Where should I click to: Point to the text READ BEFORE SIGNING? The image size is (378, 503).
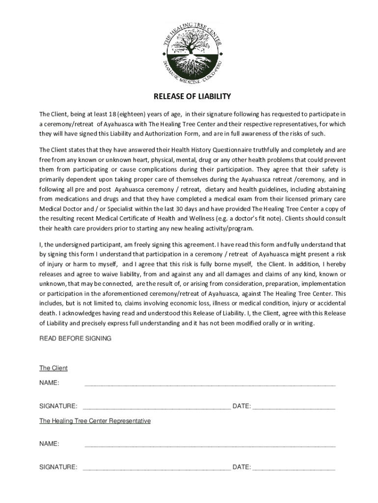75,338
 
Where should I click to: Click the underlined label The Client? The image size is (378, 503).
53,368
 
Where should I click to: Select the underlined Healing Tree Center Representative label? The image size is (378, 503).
95,421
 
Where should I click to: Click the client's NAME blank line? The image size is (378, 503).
210,384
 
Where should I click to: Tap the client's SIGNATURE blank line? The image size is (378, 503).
157,407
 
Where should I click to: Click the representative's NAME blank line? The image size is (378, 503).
210,445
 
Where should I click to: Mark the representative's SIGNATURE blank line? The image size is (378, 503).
157,468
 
